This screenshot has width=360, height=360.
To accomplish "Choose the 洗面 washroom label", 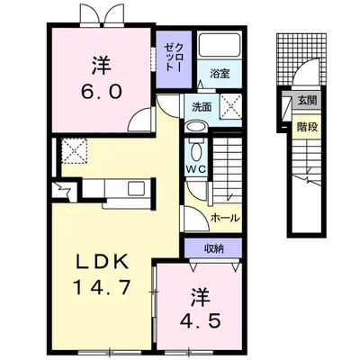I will click(201, 107).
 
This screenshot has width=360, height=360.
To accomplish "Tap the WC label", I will click(197, 167).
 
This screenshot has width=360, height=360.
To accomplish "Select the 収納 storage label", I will click(213, 247).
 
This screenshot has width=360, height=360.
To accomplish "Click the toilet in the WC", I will click(198, 148).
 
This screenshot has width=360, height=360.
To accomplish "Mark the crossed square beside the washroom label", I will click(229, 106).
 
